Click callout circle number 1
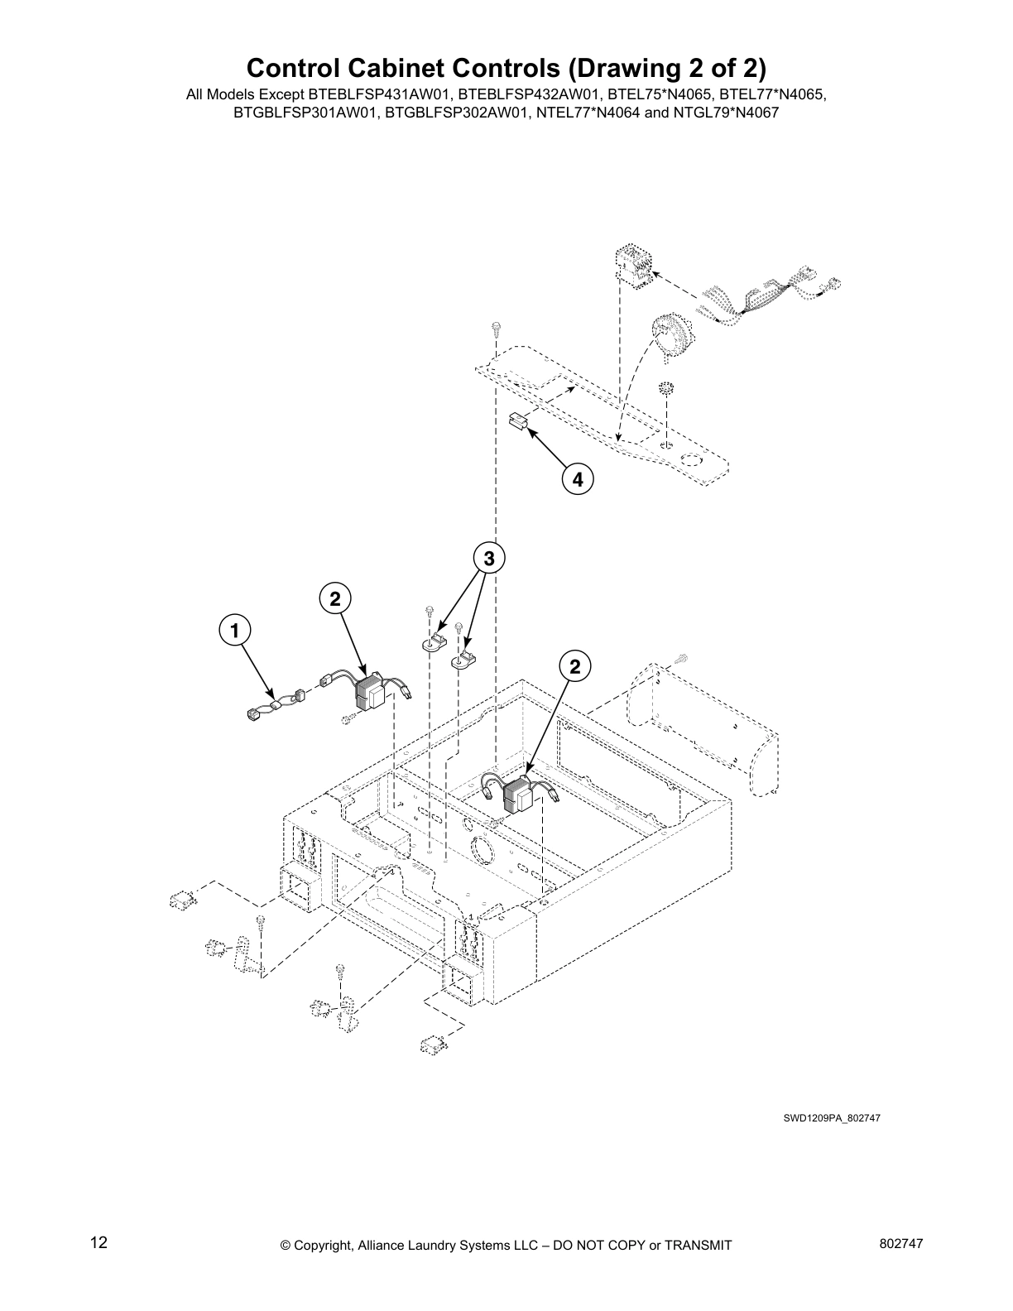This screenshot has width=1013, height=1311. point(235,630)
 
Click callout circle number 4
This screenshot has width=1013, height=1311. point(577,478)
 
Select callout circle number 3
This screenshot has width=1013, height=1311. point(489,559)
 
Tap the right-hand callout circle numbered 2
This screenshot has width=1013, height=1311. point(576,665)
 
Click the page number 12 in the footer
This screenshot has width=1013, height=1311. point(98,1243)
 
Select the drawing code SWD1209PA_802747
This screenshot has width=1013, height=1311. point(831,1118)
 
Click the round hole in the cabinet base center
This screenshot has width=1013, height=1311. point(479,850)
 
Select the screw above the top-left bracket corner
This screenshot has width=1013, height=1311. point(494,329)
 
